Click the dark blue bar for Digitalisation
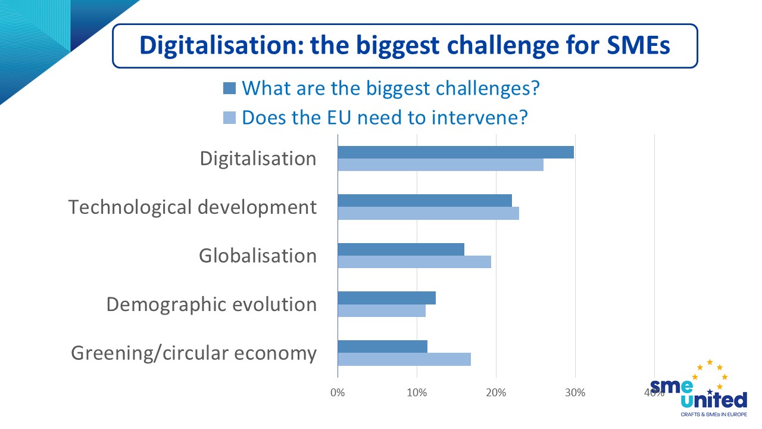pyautogui.click(x=455, y=152)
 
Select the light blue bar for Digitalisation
pyautogui.click(x=441, y=164)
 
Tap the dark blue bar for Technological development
pyautogui.click(x=424, y=201)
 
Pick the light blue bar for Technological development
pyautogui.click(x=428, y=213)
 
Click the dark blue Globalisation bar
pyautogui.click(x=401, y=249)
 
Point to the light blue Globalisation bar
pyautogui.click(x=414, y=262)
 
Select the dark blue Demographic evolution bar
pyautogui.click(x=386, y=298)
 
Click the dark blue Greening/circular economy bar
pyautogui.click(x=382, y=347)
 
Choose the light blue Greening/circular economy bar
pyautogui.click(x=404, y=359)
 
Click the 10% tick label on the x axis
pyautogui.click(x=417, y=393)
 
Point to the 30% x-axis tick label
pyautogui.click(x=575, y=393)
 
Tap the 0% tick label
pyautogui.click(x=338, y=393)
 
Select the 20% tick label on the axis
pyautogui.click(x=496, y=393)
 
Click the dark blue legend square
pyautogui.click(x=230, y=89)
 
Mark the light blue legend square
pyautogui.click(x=230, y=117)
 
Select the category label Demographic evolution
pyautogui.click(x=211, y=304)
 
